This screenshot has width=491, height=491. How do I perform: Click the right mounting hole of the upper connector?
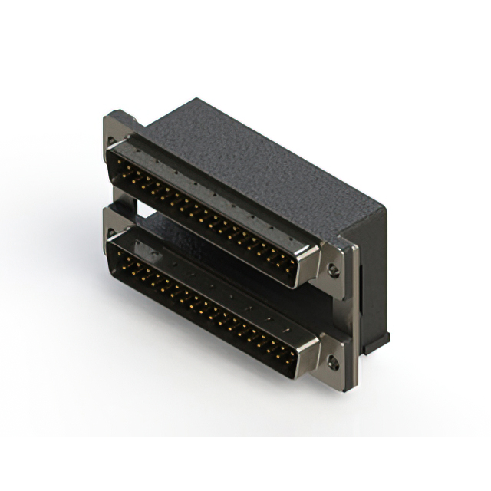coord(333,269)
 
